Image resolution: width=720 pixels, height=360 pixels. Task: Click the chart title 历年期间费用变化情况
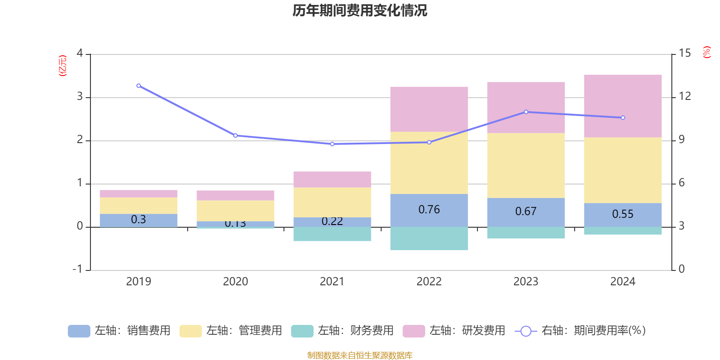[360, 10]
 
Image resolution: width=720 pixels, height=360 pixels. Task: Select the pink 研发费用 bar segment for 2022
[429, 109]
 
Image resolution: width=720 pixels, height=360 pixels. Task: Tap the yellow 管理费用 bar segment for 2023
[526, 165]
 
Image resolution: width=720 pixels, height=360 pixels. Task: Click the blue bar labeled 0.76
[429, 210]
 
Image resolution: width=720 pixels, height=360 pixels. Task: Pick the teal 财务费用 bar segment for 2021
[332, 234]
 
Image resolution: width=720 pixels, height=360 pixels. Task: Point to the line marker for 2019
[139, 85]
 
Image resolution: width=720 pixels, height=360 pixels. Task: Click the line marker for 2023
[526, 112]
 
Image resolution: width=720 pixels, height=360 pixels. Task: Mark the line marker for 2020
[235, 135]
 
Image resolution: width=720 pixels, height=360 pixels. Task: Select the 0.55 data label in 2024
[623, 214]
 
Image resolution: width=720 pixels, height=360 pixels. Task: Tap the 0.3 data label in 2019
[139, 220]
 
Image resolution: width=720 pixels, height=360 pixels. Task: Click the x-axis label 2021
[332, 282]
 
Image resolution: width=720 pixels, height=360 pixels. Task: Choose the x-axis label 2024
[623, 282]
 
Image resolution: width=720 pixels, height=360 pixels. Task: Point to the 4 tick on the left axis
[80, 54]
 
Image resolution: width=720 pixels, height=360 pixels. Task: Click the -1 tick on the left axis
[78, 269]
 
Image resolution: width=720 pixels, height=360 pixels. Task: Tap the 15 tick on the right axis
[684, 54]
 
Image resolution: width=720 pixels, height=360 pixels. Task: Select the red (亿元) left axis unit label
[63, 66]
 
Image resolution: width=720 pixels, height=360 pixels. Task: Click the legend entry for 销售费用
[119, 331]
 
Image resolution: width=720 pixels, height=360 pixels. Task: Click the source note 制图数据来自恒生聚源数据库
[360, 355]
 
